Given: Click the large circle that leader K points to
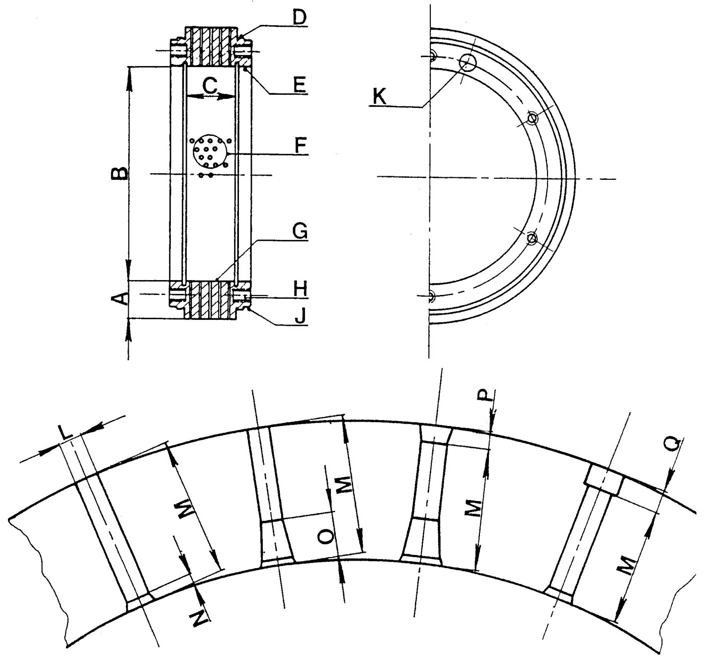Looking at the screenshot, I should [468, 62].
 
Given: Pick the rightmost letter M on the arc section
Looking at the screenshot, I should [628, 565].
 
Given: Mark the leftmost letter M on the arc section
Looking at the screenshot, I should [186, 510].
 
